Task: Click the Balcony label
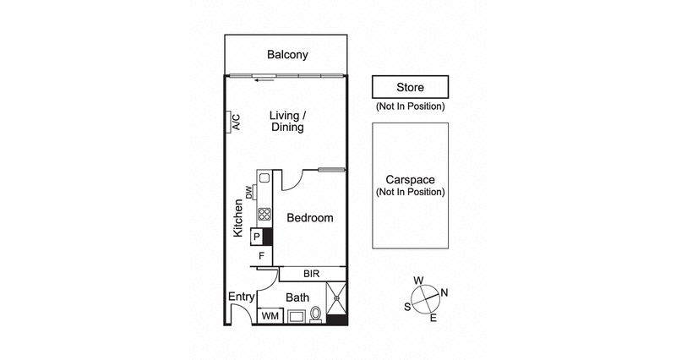click(287, 55)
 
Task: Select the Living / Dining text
click(287, 121)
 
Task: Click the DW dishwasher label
click(249, 192)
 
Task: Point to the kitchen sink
click(264, 178)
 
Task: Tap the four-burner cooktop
click(264, 215)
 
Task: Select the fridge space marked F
click(262, 255)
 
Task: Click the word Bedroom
click(309, 218)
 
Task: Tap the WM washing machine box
click(270, 316)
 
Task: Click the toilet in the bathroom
click(316, 314)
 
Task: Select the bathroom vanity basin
click(297, 317)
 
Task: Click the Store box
click(410, 87)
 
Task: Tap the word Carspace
click(410, 180)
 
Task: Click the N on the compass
click(444, 293)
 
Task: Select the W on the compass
click(417, 281)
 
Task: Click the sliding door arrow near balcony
click(265, 81)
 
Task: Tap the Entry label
click(242, 297)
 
